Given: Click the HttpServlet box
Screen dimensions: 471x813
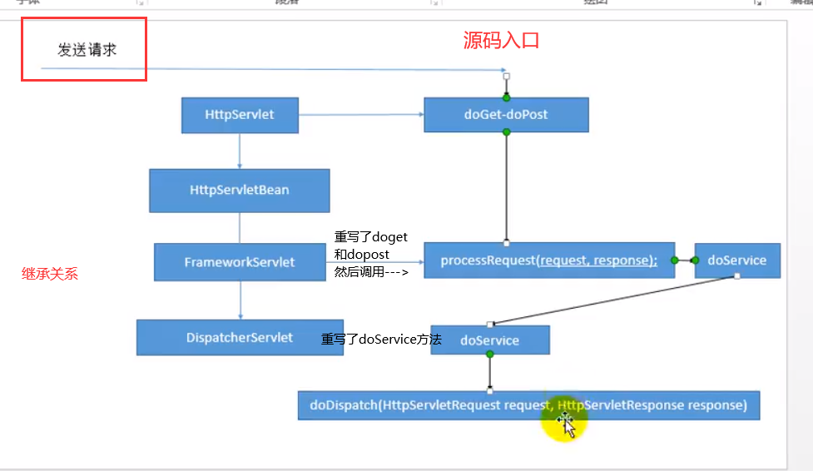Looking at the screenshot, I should [x=240, y=115].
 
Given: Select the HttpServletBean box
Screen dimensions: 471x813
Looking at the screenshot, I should [x=240, y=190].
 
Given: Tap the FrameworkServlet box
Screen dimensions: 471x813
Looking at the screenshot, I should [x=240, y=262].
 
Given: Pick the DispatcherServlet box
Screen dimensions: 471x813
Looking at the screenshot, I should [x=240, y=338].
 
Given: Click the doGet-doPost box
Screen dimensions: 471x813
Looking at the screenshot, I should [x=506, y=115].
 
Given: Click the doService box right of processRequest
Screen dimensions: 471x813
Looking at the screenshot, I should [x=736, y=260].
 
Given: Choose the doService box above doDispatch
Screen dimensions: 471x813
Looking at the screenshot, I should [x=489, y=340].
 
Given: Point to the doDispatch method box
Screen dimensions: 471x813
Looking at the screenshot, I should [x=528, y=406].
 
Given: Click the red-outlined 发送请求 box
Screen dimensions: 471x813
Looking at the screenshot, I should [x=84, y=50].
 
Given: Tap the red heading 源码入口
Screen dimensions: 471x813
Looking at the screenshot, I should [x=501, y=40].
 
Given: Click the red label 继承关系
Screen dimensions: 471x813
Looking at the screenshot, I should [x=50, y=273].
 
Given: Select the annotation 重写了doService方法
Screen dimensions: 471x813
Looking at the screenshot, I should [x=381, y=340].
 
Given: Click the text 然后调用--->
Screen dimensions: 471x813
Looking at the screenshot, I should [x=371, y=271].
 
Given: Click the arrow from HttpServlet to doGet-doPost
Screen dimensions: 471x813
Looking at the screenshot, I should [x=360, y=115].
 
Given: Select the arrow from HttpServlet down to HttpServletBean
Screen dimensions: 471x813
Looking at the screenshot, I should [x=240, y=151].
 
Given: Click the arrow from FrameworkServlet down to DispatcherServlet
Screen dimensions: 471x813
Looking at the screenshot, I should [x=240, y=300].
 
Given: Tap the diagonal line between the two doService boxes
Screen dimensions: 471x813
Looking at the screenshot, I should [x=614, y=300].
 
